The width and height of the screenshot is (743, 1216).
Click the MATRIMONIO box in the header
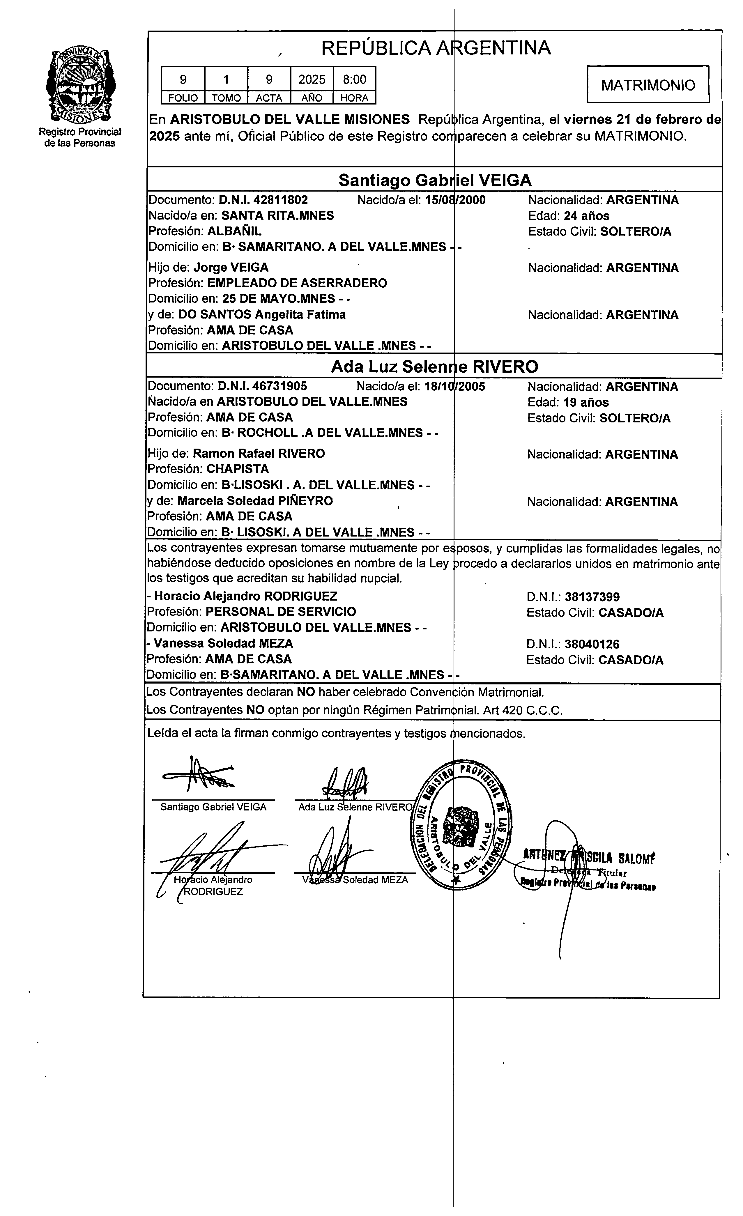tap(648, 85)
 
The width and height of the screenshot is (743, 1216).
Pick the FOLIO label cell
tap(183, 98)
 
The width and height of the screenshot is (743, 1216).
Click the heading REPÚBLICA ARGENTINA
tap(436, 48)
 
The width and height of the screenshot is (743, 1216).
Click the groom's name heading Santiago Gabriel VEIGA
tap(435, 180)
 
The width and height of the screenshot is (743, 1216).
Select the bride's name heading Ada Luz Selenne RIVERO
tap(434, 367)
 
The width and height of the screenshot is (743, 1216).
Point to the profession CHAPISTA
tap(238, 469)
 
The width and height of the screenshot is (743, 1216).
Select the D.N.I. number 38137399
tap(592, 597)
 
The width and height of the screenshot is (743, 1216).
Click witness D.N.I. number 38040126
tap(592, 644)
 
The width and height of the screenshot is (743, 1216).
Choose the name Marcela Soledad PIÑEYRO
tap(255, 501)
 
